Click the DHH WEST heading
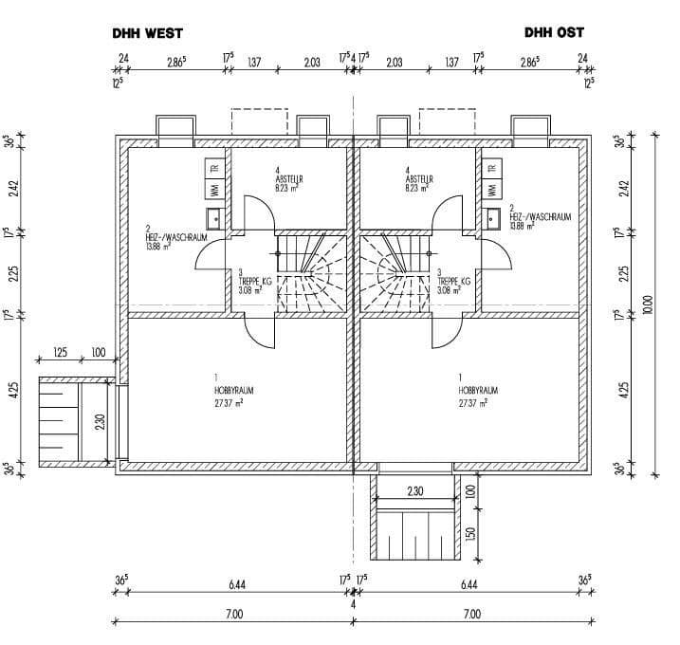[147, 32]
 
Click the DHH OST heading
[555, 32]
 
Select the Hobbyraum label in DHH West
[234, 390]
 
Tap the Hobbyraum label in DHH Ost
[474, 390]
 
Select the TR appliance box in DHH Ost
[491, 168]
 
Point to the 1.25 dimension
[61, 353]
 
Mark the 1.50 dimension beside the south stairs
[470, 536]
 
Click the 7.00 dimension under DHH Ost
[470, 615]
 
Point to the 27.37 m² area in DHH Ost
[472, 402]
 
